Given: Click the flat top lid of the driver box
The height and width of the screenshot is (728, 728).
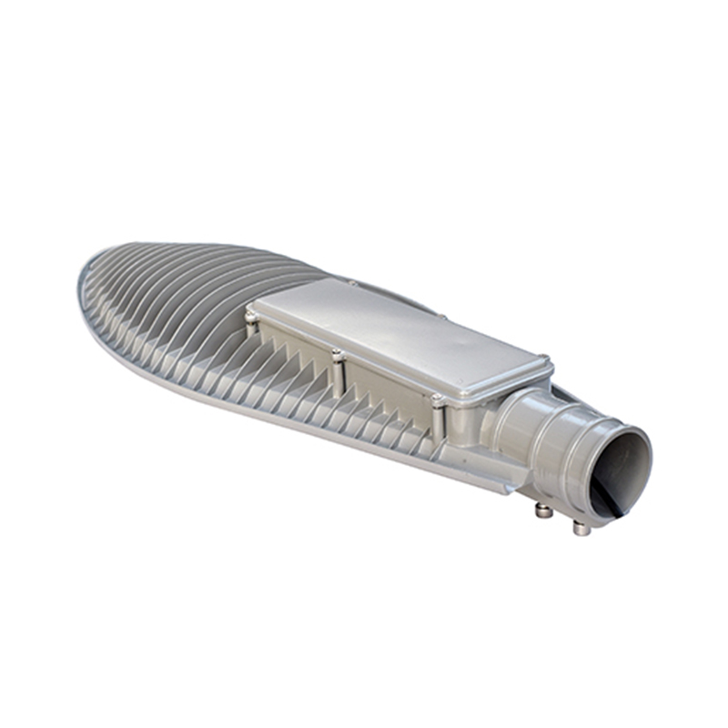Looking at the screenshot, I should coord(400,333).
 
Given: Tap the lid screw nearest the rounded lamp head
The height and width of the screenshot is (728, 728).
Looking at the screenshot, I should coord(252,317).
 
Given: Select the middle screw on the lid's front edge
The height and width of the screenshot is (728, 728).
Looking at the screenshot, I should coord(338,354).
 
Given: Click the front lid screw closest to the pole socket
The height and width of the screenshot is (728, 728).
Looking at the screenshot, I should coord(438,399).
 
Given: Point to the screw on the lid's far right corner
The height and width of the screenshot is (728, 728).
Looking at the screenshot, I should coord(543,359).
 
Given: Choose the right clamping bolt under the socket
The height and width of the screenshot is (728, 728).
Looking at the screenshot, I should coord(579,528).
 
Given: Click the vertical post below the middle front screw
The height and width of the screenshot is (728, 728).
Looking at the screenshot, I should coord(338,378).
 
